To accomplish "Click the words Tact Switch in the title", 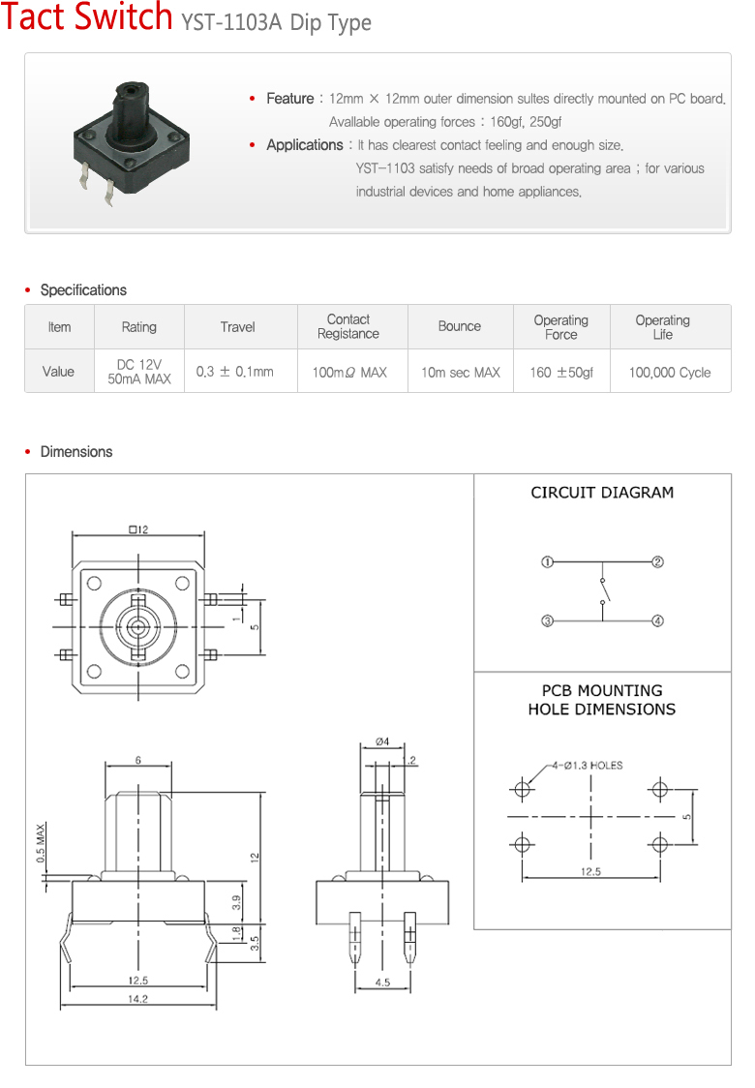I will (x=87, y=19).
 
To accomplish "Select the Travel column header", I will (x=237, y=327).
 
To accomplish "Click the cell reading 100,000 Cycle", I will (x=669, y=372).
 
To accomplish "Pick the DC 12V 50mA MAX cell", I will (x=138, y=372).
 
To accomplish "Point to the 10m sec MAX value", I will (x=460, y=372).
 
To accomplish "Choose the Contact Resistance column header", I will (x=348, y=327).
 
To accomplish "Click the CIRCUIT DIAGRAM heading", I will (x=602, y=493).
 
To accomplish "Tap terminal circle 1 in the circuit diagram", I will (x=547, y=562).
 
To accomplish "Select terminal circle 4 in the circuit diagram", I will (x=657, y=621).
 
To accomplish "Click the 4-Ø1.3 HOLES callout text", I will (x=588, y=766).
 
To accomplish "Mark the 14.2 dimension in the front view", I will (x=137, y=1000).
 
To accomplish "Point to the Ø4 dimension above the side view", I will (x=382, y=741).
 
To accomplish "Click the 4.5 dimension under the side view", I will (x=382, y=982).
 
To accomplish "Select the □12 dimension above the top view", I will (x=137, y=529).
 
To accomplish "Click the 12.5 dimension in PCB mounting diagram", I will (x=590, y=872).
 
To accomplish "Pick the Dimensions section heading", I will (x=75, y=452).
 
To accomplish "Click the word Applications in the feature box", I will (x=304, y=145).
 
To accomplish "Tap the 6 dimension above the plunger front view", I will (x=138, y=761).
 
